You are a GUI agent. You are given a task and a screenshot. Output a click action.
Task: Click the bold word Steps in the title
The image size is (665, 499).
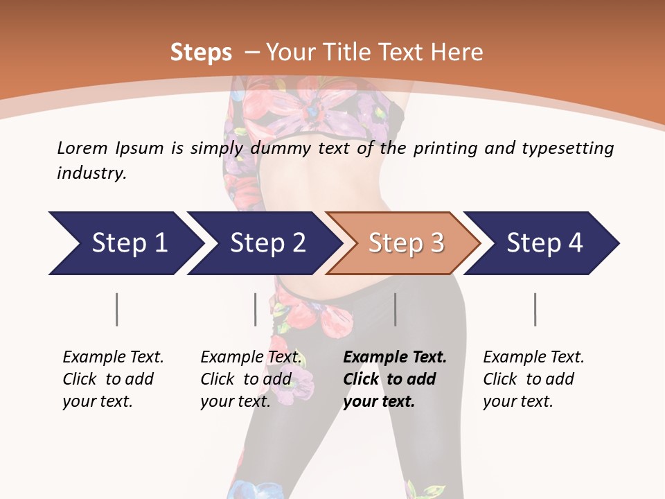201,53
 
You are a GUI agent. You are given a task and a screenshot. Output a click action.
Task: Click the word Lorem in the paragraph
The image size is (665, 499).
82,148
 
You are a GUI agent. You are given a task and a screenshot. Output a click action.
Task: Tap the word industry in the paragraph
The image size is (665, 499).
91,173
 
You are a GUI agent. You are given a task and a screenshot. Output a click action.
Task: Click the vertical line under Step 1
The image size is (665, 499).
117,309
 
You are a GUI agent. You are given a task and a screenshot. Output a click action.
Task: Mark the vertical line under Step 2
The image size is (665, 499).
256,309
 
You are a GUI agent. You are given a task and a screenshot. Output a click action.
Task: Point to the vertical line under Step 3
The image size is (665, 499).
396,309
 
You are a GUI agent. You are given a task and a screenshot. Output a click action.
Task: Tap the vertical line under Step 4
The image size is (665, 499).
535,309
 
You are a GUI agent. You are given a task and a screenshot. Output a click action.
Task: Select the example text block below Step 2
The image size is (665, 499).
250,379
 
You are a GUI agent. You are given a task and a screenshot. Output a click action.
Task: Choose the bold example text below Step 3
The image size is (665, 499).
394,379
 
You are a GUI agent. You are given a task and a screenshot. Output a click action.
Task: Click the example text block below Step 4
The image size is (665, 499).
533,379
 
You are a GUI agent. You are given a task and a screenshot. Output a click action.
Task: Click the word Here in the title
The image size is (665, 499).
456,53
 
